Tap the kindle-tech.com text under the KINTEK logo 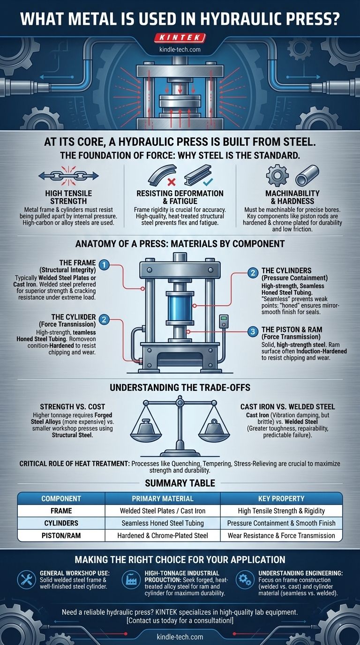pos(180,36)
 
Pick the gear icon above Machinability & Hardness pos(275,175)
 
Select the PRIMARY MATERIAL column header pos(162,498)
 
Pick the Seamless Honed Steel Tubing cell pos(162,523)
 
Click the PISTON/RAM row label pos(61,535)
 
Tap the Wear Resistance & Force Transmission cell pos(281,535)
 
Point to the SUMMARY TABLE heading pos(180,482)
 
